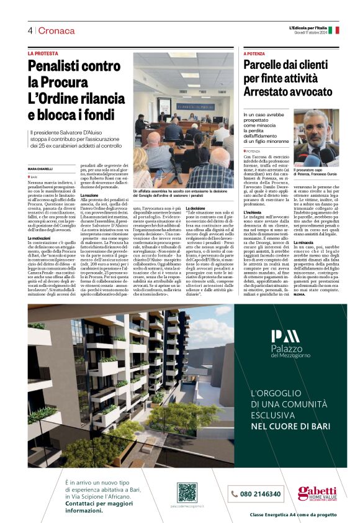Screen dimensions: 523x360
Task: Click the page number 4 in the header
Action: [30, 31]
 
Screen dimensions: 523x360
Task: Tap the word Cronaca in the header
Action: [56, 31]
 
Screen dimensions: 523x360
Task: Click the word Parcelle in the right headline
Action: [265, 65]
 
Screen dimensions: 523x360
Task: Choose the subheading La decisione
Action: [194, 207]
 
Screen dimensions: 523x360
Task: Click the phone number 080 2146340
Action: [255, 494]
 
